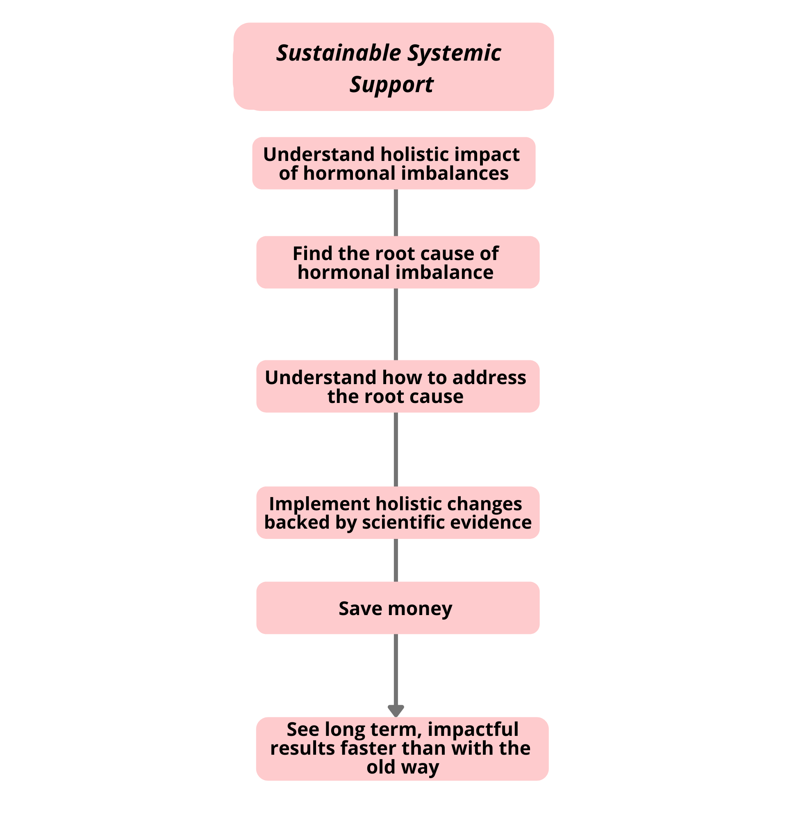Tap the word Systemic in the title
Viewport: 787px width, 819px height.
pyautogui.click(x=454, y=54)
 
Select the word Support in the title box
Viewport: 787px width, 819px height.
pyautogui.click(x=391, y=85)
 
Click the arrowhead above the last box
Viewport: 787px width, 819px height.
pyautogui.click(x=396, y=710)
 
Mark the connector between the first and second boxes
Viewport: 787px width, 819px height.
pyautogui.click(x=396, y=213)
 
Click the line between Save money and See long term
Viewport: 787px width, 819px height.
pyautogui.click(x=396, y=669)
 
